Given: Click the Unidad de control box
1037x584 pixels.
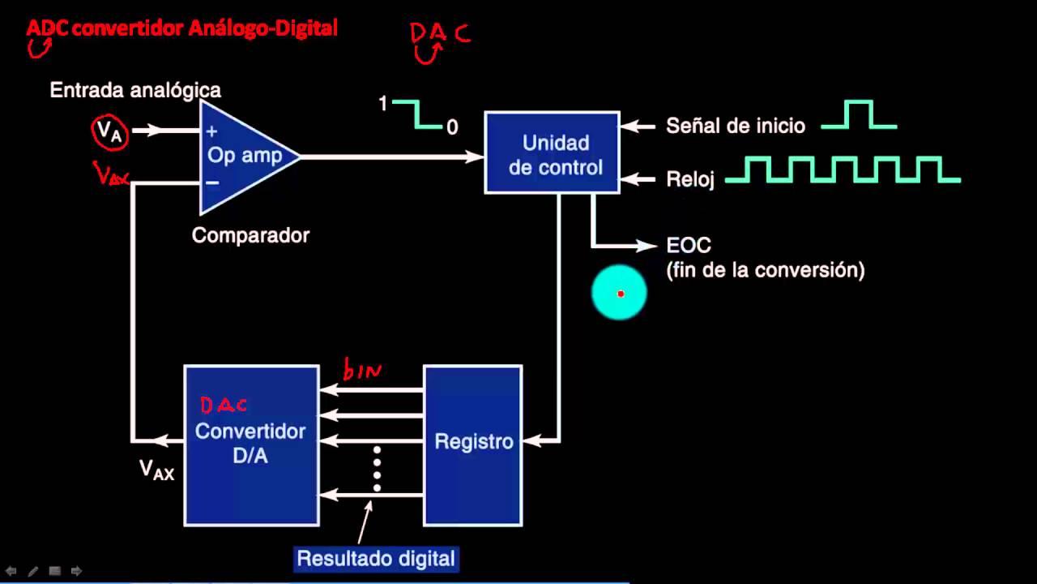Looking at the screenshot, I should (x=552, y=152).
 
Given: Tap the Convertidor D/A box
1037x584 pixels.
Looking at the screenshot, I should (x=251, y=444).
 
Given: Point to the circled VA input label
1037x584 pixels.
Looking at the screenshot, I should (x=109, y=131).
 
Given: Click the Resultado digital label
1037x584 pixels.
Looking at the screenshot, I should (x=377, y=559).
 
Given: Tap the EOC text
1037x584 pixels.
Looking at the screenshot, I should (x=689, y=245).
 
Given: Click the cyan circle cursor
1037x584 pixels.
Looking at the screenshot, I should (x=619, y=293).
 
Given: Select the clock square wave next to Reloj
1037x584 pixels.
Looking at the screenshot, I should (x=843, y=170).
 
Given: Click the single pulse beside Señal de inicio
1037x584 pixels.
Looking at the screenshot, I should (x=859, y=115).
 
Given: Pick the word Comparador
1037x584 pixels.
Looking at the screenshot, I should (x=250, y=235).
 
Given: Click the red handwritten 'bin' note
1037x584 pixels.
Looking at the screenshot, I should (x=362, y=370).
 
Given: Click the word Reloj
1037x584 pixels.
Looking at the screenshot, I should (x=690, y=179).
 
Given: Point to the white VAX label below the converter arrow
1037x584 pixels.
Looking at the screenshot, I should (x=157, y=470).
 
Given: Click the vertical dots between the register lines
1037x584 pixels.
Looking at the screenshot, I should (x=377, y=469).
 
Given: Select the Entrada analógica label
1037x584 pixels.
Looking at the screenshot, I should (x=135, y=90).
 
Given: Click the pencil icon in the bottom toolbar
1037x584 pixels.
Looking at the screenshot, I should (x=33, y=571).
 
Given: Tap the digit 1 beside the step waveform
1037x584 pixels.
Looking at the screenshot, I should (x=383, y=103).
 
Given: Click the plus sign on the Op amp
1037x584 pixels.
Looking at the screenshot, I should (x=212, y=131).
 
